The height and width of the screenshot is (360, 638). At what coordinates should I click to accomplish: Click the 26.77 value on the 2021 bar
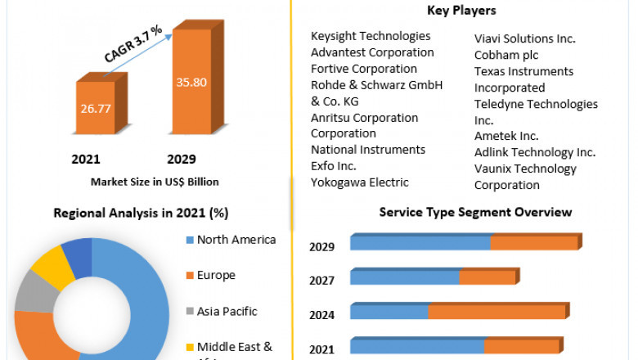[x=96, y=106]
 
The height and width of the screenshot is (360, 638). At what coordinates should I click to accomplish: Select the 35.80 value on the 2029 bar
[x=191, y=82]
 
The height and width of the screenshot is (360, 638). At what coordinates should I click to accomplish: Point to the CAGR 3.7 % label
[x=133, y=43]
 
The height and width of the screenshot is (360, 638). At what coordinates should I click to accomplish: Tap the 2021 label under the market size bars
[x=86, y=159]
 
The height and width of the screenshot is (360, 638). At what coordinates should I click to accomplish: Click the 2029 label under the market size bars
[x=181, y=159]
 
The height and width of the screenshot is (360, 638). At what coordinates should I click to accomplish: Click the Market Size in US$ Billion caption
[x=155, y=182]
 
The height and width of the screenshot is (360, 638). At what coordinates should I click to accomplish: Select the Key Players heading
[x=461, y=11]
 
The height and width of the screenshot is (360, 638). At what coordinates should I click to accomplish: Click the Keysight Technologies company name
[x=371, y=36]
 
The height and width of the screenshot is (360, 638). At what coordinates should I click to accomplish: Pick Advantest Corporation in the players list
[x=372, y=52]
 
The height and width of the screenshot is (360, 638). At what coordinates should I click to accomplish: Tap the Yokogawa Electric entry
[x=360, y=182]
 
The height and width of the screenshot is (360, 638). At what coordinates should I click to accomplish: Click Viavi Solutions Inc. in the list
[x=525, y=38]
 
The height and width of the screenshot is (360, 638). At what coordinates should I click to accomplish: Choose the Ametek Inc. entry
[x=506, y=136]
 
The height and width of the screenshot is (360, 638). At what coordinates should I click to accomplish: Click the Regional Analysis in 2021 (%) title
[x=141, y=213]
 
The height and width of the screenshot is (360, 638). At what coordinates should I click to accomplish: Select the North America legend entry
[x=236, y=240]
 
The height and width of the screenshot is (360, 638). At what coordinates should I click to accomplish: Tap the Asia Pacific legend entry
[x=227, y=311]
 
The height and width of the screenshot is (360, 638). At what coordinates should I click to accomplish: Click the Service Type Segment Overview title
[x=475, y=212]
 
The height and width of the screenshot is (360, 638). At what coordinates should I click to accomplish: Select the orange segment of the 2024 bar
[x=496, y=312]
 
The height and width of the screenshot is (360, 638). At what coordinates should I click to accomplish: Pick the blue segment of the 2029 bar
[x=420, y=243]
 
